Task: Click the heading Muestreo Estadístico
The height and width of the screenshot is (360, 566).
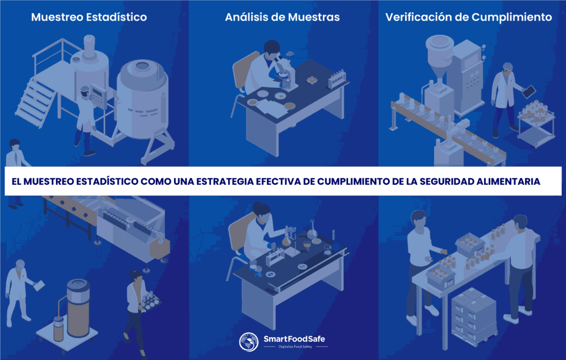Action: pos(89,17)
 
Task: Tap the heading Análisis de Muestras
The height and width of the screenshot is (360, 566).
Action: pos(282,17)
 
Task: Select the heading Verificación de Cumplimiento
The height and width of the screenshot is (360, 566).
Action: pos(469,17)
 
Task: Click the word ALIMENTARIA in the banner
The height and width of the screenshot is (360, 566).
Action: pos(508,181)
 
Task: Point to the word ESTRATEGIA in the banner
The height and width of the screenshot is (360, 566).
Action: pos(224,181)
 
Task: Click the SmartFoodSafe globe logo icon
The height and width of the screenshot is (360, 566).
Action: pos(249,342)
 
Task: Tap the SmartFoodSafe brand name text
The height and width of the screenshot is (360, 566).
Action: pos(294,338)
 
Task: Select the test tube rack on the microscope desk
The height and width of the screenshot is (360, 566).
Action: pos(337,79)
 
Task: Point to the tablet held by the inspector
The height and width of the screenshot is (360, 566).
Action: pos(529,91)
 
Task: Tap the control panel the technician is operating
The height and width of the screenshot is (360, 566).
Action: pos(98,96)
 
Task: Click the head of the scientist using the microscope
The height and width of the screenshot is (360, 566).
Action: pos(271,49)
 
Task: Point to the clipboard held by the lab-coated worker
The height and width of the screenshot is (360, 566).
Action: pos(39,285)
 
